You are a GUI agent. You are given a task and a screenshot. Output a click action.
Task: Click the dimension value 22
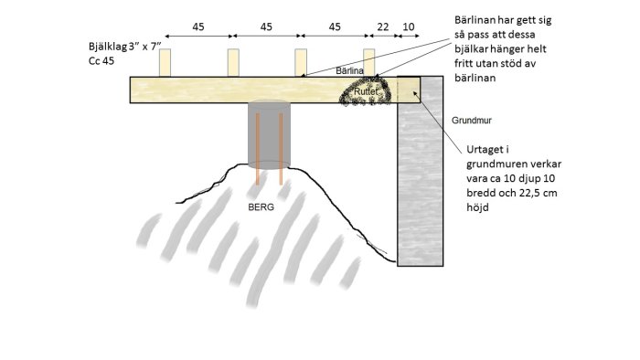(383, 26)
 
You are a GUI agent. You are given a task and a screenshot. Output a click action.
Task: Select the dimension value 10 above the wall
(409, 26)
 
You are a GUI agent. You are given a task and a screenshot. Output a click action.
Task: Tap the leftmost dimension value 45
(198, 26)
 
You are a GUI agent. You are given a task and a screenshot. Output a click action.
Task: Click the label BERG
(261, 207)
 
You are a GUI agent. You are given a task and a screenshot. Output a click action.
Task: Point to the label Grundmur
(472, 121)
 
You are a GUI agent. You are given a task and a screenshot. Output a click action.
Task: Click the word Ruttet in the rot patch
(366, 91)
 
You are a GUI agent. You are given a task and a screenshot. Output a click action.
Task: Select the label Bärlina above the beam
(349, 70)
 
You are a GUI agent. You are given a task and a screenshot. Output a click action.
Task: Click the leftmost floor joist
(165, 63)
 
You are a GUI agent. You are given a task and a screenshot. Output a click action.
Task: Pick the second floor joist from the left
(233, 63)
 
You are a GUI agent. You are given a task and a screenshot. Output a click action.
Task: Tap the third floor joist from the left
(301, 63)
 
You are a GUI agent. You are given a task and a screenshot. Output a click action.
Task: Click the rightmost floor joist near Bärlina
(369, 62)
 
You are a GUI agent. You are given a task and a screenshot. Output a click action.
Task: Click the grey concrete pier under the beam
(269, 134)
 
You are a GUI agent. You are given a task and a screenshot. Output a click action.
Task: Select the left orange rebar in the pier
(258, 149)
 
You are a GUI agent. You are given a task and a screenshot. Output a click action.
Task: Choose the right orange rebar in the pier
(281, 149)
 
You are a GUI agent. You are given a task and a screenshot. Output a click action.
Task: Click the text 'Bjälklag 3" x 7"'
(125, 46)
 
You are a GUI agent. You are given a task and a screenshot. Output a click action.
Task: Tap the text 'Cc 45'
(101, 61)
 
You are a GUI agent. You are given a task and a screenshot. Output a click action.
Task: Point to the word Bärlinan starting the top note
(475, 20)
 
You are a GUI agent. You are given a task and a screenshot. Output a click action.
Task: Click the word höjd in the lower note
(477, 207)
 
